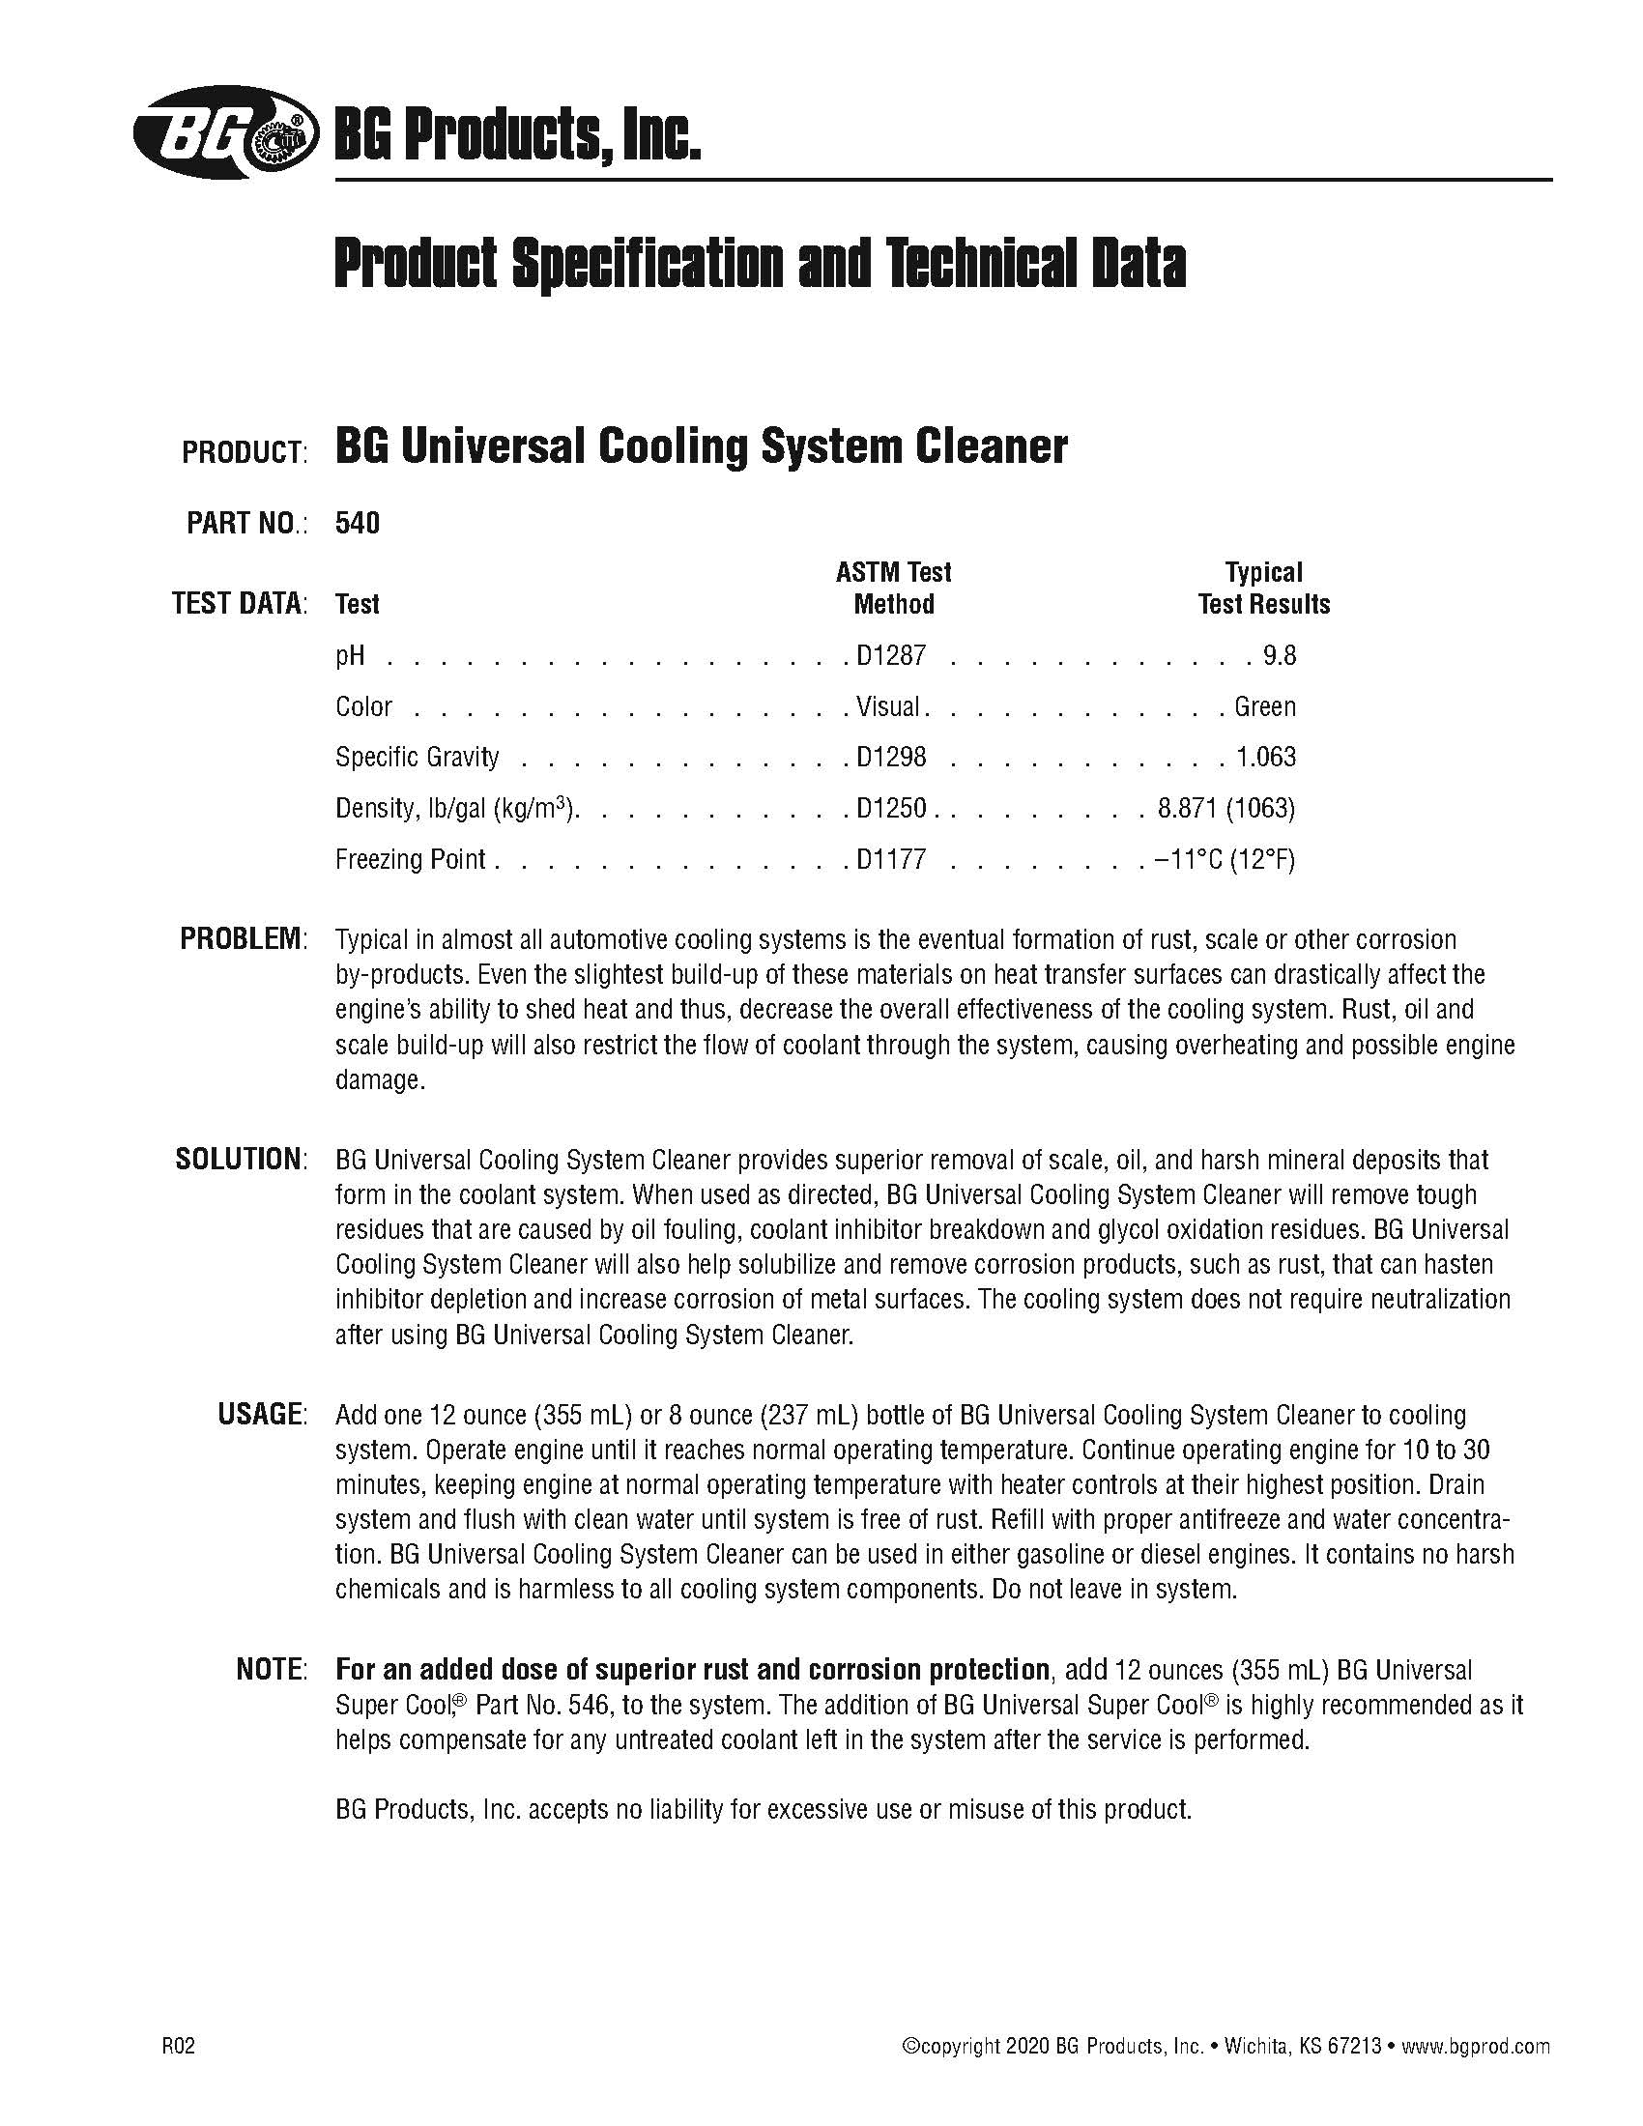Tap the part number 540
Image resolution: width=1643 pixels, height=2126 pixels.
point(358,524)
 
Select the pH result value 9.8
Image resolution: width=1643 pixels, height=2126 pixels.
point(1279,655)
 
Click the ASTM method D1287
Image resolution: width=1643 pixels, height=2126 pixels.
point(891,655)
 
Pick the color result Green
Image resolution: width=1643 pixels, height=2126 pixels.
point(1264,706)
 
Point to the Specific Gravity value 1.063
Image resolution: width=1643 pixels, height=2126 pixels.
point(1268,758)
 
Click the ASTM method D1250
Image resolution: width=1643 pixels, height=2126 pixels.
point(891,808)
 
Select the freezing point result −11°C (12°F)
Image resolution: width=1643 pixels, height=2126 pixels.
point(1225,859)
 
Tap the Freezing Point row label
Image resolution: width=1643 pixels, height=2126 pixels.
point(410,859)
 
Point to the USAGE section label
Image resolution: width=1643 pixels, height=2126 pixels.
point(262,1415)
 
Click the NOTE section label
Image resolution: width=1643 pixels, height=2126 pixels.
point(272,1670)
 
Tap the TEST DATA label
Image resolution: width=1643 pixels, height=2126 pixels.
point(240,604)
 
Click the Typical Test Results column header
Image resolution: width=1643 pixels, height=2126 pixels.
point(1263,588)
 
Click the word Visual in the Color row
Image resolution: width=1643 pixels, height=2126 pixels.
point(887,706)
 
